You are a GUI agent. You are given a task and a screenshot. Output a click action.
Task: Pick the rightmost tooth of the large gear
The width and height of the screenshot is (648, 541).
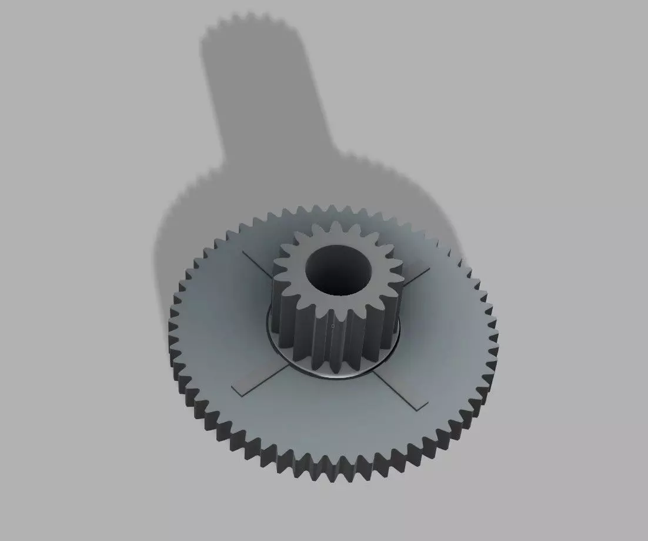496,321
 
